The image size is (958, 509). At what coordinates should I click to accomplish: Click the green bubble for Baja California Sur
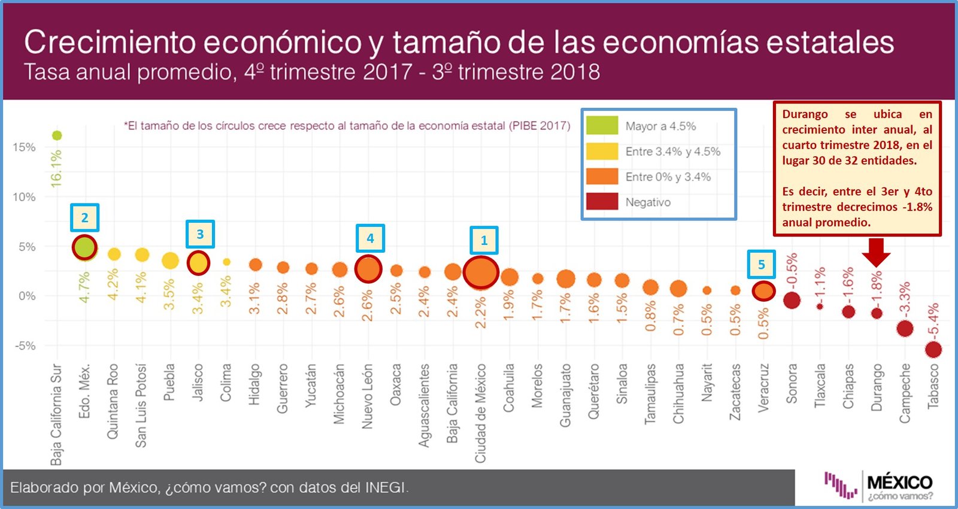[57, 135]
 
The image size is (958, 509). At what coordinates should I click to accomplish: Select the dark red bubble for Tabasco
[933, 349]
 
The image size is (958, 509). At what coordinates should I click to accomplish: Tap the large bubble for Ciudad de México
[480, 272]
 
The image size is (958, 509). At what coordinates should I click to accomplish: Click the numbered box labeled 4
[370, 238]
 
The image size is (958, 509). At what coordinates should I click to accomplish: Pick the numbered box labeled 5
[761, 264]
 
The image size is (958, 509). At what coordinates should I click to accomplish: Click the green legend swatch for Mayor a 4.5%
[602, 126]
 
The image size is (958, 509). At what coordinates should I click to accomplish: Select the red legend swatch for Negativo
[602, 202]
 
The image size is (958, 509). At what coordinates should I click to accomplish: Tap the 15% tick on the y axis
[24, 147]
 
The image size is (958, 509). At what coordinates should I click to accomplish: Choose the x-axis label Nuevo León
[367, 396]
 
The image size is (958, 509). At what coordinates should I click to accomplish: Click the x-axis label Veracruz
[763, 387]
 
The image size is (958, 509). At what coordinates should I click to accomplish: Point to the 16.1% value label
[56, 168]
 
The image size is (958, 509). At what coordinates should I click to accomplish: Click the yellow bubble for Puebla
[170, 260]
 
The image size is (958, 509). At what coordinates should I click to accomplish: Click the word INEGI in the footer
[385, 487]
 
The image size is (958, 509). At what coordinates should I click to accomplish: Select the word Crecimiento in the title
[110, 42]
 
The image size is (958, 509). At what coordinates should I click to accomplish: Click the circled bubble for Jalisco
[198, 262]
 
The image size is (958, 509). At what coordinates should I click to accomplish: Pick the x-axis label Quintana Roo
[113, 401]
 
